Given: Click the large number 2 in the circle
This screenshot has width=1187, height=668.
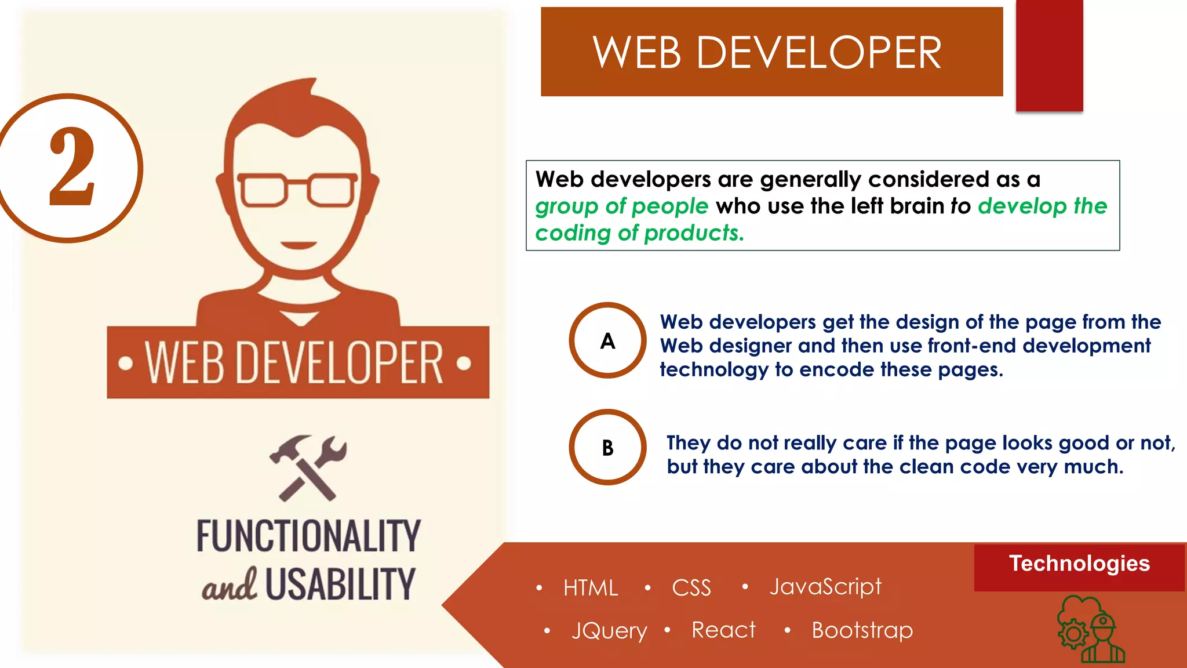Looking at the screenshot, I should pos(72,167).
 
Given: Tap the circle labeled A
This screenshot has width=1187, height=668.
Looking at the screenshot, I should pos(607,340).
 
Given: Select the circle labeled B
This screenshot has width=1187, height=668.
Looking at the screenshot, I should pos(607,447).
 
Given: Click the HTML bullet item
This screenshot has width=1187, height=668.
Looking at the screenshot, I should pos(590,587).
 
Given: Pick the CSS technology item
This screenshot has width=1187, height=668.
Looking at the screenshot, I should pos(691,587).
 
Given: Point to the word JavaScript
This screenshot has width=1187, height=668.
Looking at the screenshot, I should pos(825,587).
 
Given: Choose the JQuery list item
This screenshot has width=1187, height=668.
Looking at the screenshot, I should pos(609,630).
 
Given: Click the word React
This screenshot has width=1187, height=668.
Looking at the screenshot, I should pos(723,630).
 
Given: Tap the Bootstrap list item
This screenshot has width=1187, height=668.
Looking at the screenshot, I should pos(862,630).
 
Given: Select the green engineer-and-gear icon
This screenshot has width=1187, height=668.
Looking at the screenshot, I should pos(1090,630).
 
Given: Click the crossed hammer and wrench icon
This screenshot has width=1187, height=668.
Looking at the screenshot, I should pos(308,467).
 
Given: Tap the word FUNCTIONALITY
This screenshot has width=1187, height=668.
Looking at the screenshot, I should pos(308,536).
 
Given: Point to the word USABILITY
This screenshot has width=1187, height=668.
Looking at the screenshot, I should pos(340,584).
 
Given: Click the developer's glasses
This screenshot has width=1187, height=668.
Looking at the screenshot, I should pos(297,189).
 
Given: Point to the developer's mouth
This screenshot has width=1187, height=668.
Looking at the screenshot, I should pos(298,245).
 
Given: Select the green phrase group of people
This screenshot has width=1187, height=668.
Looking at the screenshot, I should pos(621,206).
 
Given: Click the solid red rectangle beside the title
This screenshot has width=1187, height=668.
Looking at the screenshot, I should pos(1049,55).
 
